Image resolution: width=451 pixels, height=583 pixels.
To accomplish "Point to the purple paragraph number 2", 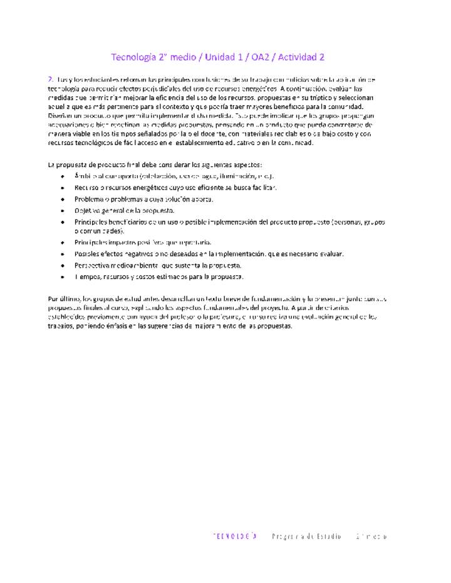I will [49, 79].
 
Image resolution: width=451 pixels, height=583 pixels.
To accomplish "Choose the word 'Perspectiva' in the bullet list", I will [93, 265].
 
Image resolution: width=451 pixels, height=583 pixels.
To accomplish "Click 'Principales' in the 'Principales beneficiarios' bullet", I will [91, 222].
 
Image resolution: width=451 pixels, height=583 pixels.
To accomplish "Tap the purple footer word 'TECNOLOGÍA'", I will [236, 537].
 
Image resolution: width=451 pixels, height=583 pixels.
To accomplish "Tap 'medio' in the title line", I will [183, 58].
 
